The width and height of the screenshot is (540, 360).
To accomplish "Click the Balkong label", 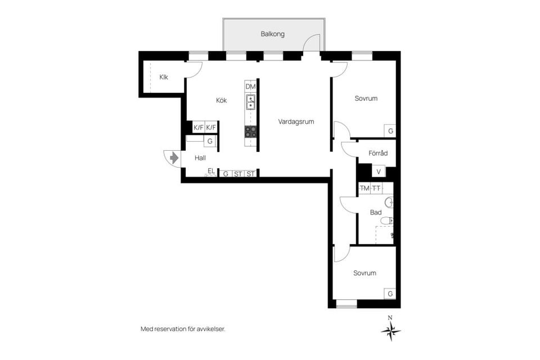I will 272,34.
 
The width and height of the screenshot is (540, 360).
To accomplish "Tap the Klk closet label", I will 164,77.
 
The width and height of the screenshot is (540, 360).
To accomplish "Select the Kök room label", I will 221,101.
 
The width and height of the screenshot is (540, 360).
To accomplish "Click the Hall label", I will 200,158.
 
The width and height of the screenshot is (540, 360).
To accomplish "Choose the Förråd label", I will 378,152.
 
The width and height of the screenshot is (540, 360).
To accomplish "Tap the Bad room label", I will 376,213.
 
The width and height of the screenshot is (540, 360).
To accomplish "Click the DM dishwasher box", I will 251,87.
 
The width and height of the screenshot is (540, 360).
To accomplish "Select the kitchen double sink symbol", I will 251,102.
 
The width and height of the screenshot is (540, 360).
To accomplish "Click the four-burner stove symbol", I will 251,132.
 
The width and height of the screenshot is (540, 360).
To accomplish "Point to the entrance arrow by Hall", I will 174,158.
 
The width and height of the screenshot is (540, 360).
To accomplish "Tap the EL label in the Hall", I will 211,171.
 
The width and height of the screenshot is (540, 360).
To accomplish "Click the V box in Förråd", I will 379,171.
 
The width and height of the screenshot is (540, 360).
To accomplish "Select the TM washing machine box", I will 365,188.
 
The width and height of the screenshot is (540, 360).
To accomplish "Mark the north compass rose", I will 390,331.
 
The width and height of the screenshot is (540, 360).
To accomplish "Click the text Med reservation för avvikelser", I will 183,329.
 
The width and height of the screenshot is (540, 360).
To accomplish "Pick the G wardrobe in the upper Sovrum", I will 390,131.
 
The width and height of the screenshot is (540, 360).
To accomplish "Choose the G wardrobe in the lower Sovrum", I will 390,294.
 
